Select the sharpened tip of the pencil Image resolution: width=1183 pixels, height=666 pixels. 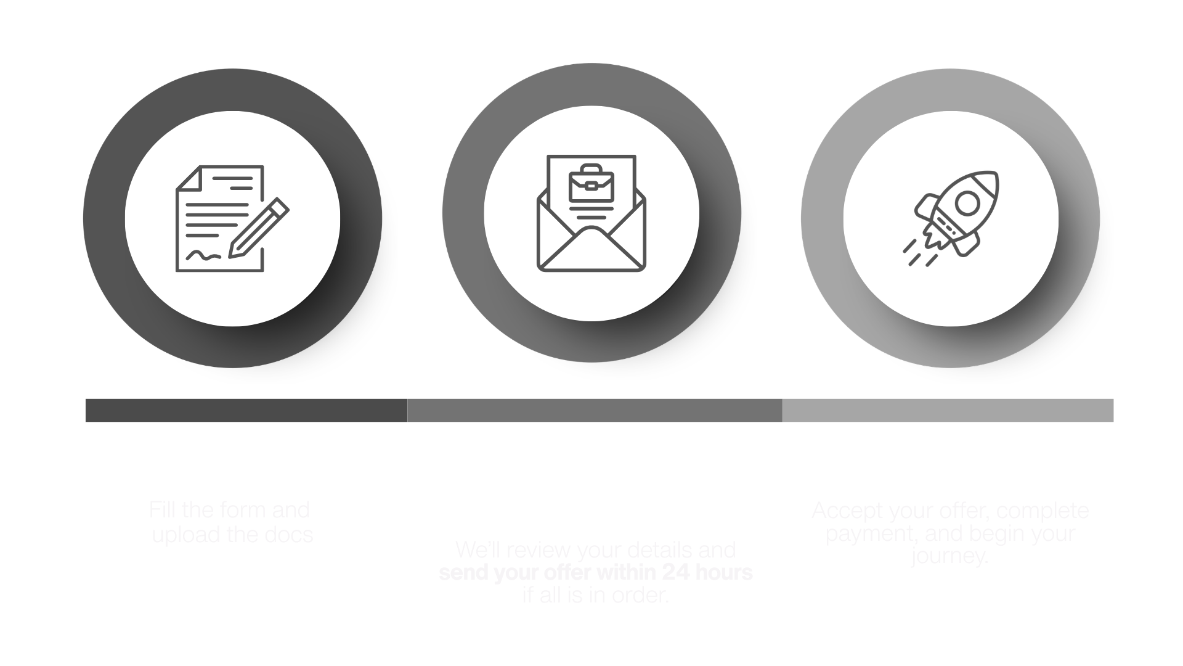[x=233, y=253]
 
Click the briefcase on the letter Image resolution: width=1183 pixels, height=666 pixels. [x=591, y=183]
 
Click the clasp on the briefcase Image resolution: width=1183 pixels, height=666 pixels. [x=591, y=183]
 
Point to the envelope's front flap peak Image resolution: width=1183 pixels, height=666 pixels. [x=591, y=229]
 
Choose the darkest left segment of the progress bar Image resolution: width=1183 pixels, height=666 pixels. [x=246, y=416]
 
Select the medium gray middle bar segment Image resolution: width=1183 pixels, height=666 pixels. [x=595, y=410]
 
